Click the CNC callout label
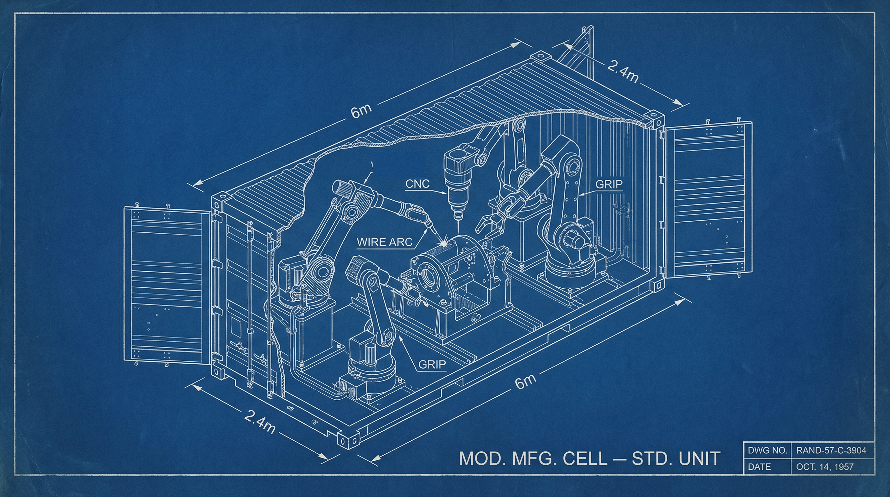point(418,183)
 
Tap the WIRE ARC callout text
point(385,242)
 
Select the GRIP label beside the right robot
point(609,184)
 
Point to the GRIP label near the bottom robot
point(432,364)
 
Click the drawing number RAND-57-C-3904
point(831,450)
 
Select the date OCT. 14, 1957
point(825,467)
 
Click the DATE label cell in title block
point(759,467)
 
